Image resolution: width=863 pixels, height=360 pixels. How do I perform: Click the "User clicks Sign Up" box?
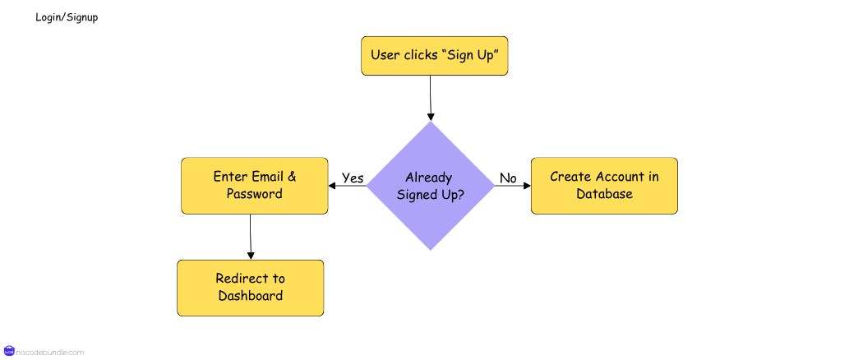(435, 56)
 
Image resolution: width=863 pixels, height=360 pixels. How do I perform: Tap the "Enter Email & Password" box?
(255, 186)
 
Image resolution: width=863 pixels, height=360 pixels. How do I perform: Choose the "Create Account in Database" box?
(604, 186)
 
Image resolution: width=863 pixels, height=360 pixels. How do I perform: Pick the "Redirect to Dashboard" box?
(250, 288)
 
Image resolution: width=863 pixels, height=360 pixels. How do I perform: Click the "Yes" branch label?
(353, 178)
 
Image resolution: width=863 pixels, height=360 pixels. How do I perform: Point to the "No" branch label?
(508, 178)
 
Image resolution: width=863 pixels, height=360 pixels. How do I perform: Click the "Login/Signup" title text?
(67, 17)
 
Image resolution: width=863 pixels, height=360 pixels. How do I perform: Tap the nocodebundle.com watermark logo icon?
(10, 352)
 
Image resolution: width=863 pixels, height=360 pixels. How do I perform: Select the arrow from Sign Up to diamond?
(429, 99)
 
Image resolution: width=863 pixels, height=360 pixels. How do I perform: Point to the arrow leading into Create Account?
(513, 186)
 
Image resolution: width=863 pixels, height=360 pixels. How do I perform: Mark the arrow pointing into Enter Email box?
(347, 186)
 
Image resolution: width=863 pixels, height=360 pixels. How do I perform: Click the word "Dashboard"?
(250, 296)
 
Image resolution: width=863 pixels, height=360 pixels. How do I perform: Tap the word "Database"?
(604, 194)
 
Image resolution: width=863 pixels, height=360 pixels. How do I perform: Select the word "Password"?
(255, 194)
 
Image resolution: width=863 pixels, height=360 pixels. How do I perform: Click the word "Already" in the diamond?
(429, 178)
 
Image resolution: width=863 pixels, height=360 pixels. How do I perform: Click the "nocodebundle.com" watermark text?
(50, 353)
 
